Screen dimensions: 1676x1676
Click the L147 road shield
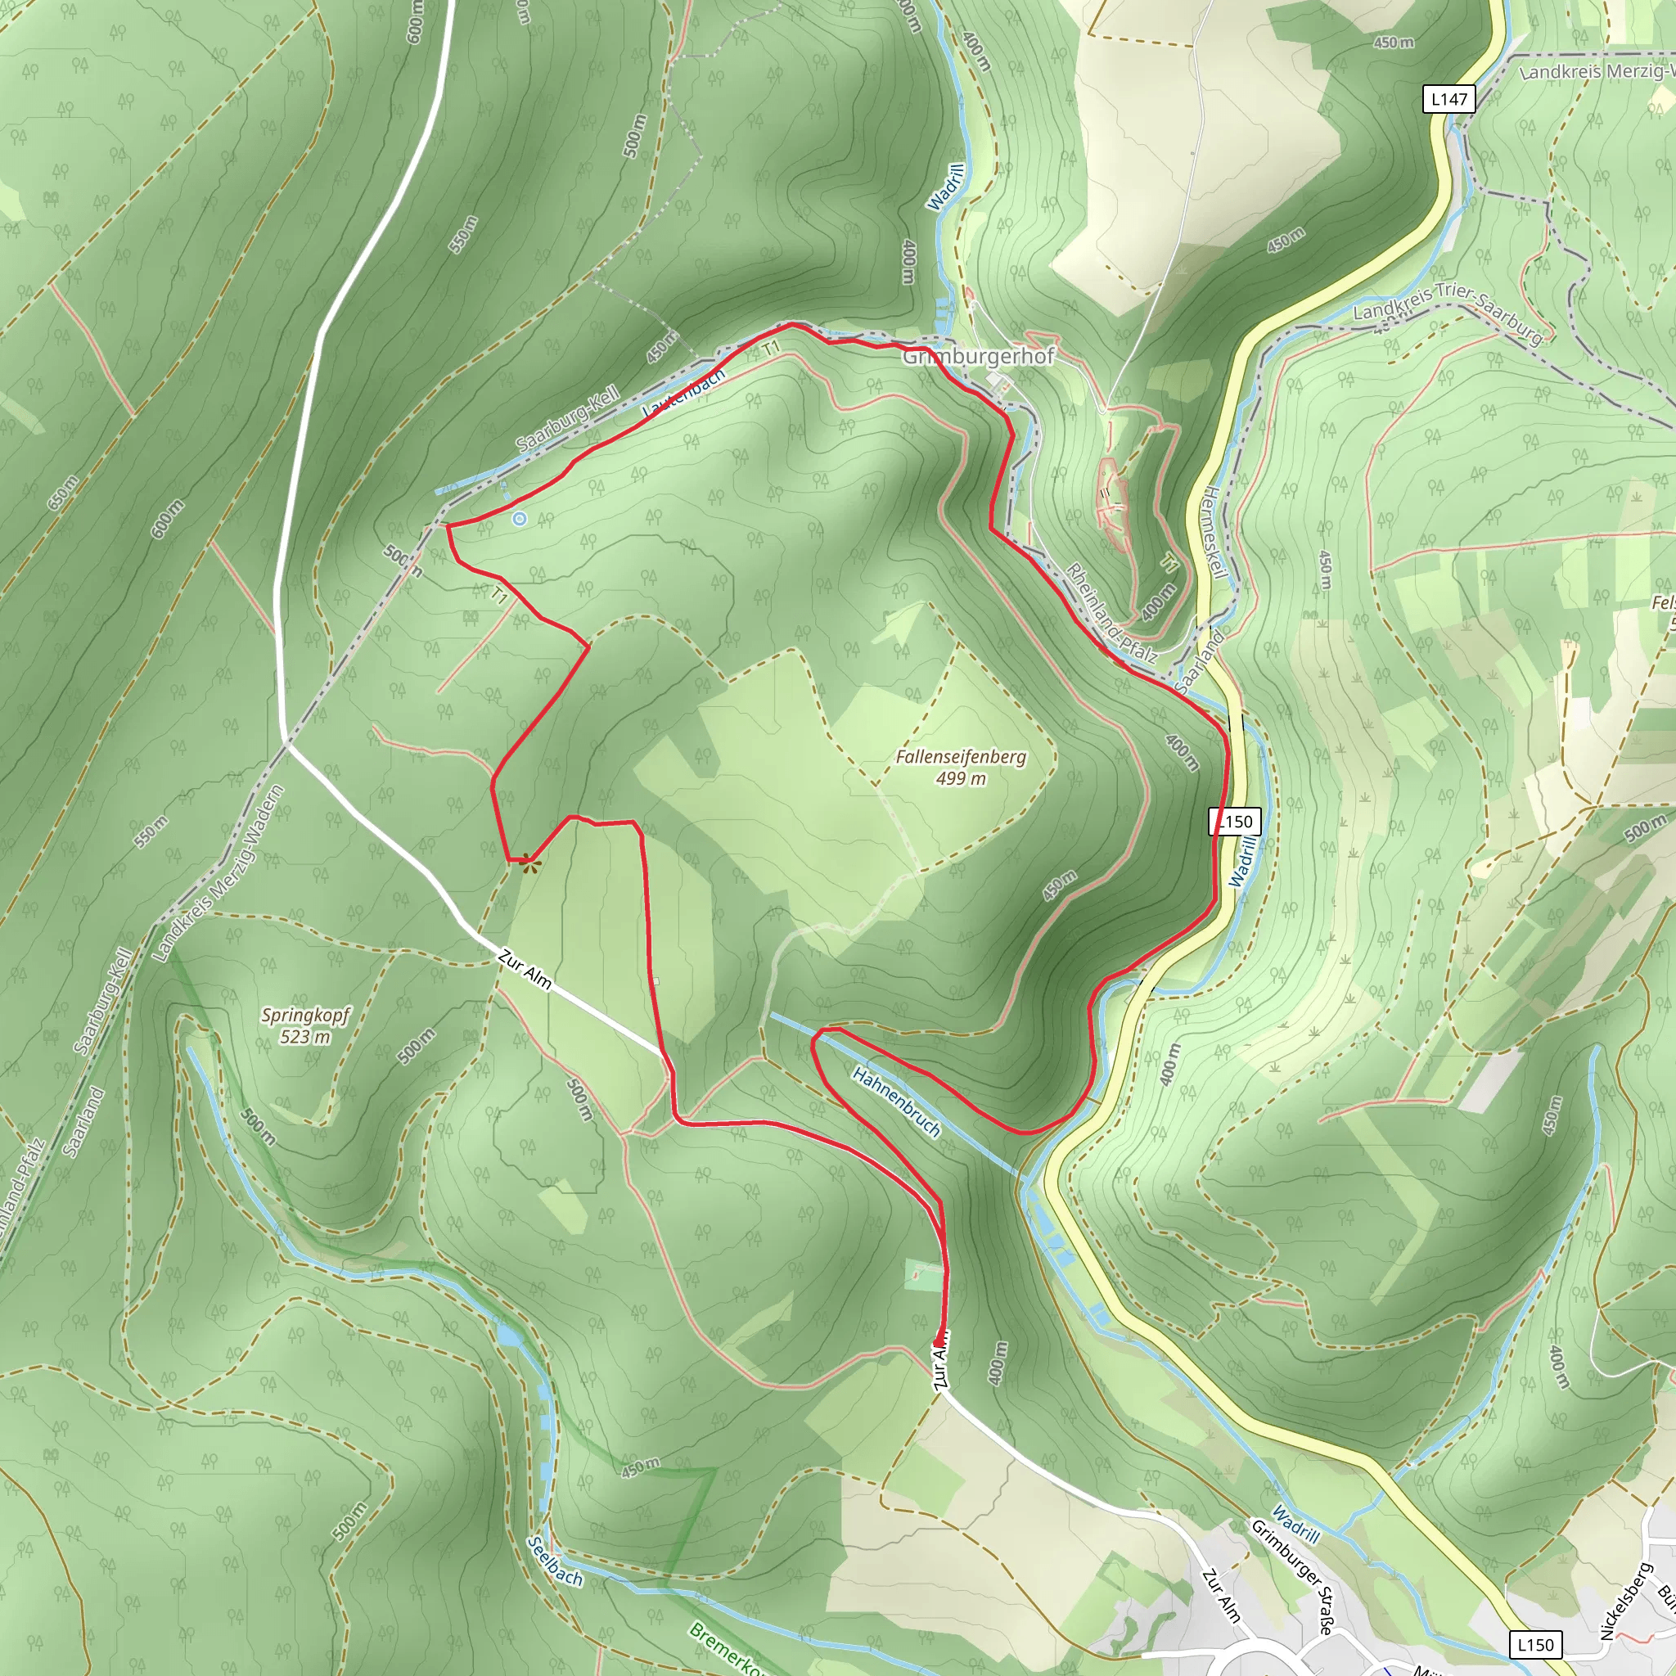point(1449,99)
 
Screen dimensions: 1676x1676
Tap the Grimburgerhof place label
point(979,357)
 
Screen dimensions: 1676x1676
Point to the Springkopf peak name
point(305,1015)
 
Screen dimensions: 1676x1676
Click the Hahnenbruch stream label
point(897,1102)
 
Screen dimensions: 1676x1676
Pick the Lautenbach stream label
point(683,393)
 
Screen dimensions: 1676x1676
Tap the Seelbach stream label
point(555,1561)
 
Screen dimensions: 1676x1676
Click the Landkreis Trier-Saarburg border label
point(1448,309)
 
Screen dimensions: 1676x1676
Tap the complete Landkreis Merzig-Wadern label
point(218,873)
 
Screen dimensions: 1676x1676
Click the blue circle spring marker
point(519,519)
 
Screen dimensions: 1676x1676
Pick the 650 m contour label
point(62,492)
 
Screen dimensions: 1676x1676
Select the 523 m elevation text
point(305,1037)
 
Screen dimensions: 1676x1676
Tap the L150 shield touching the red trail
point(1235,821)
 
